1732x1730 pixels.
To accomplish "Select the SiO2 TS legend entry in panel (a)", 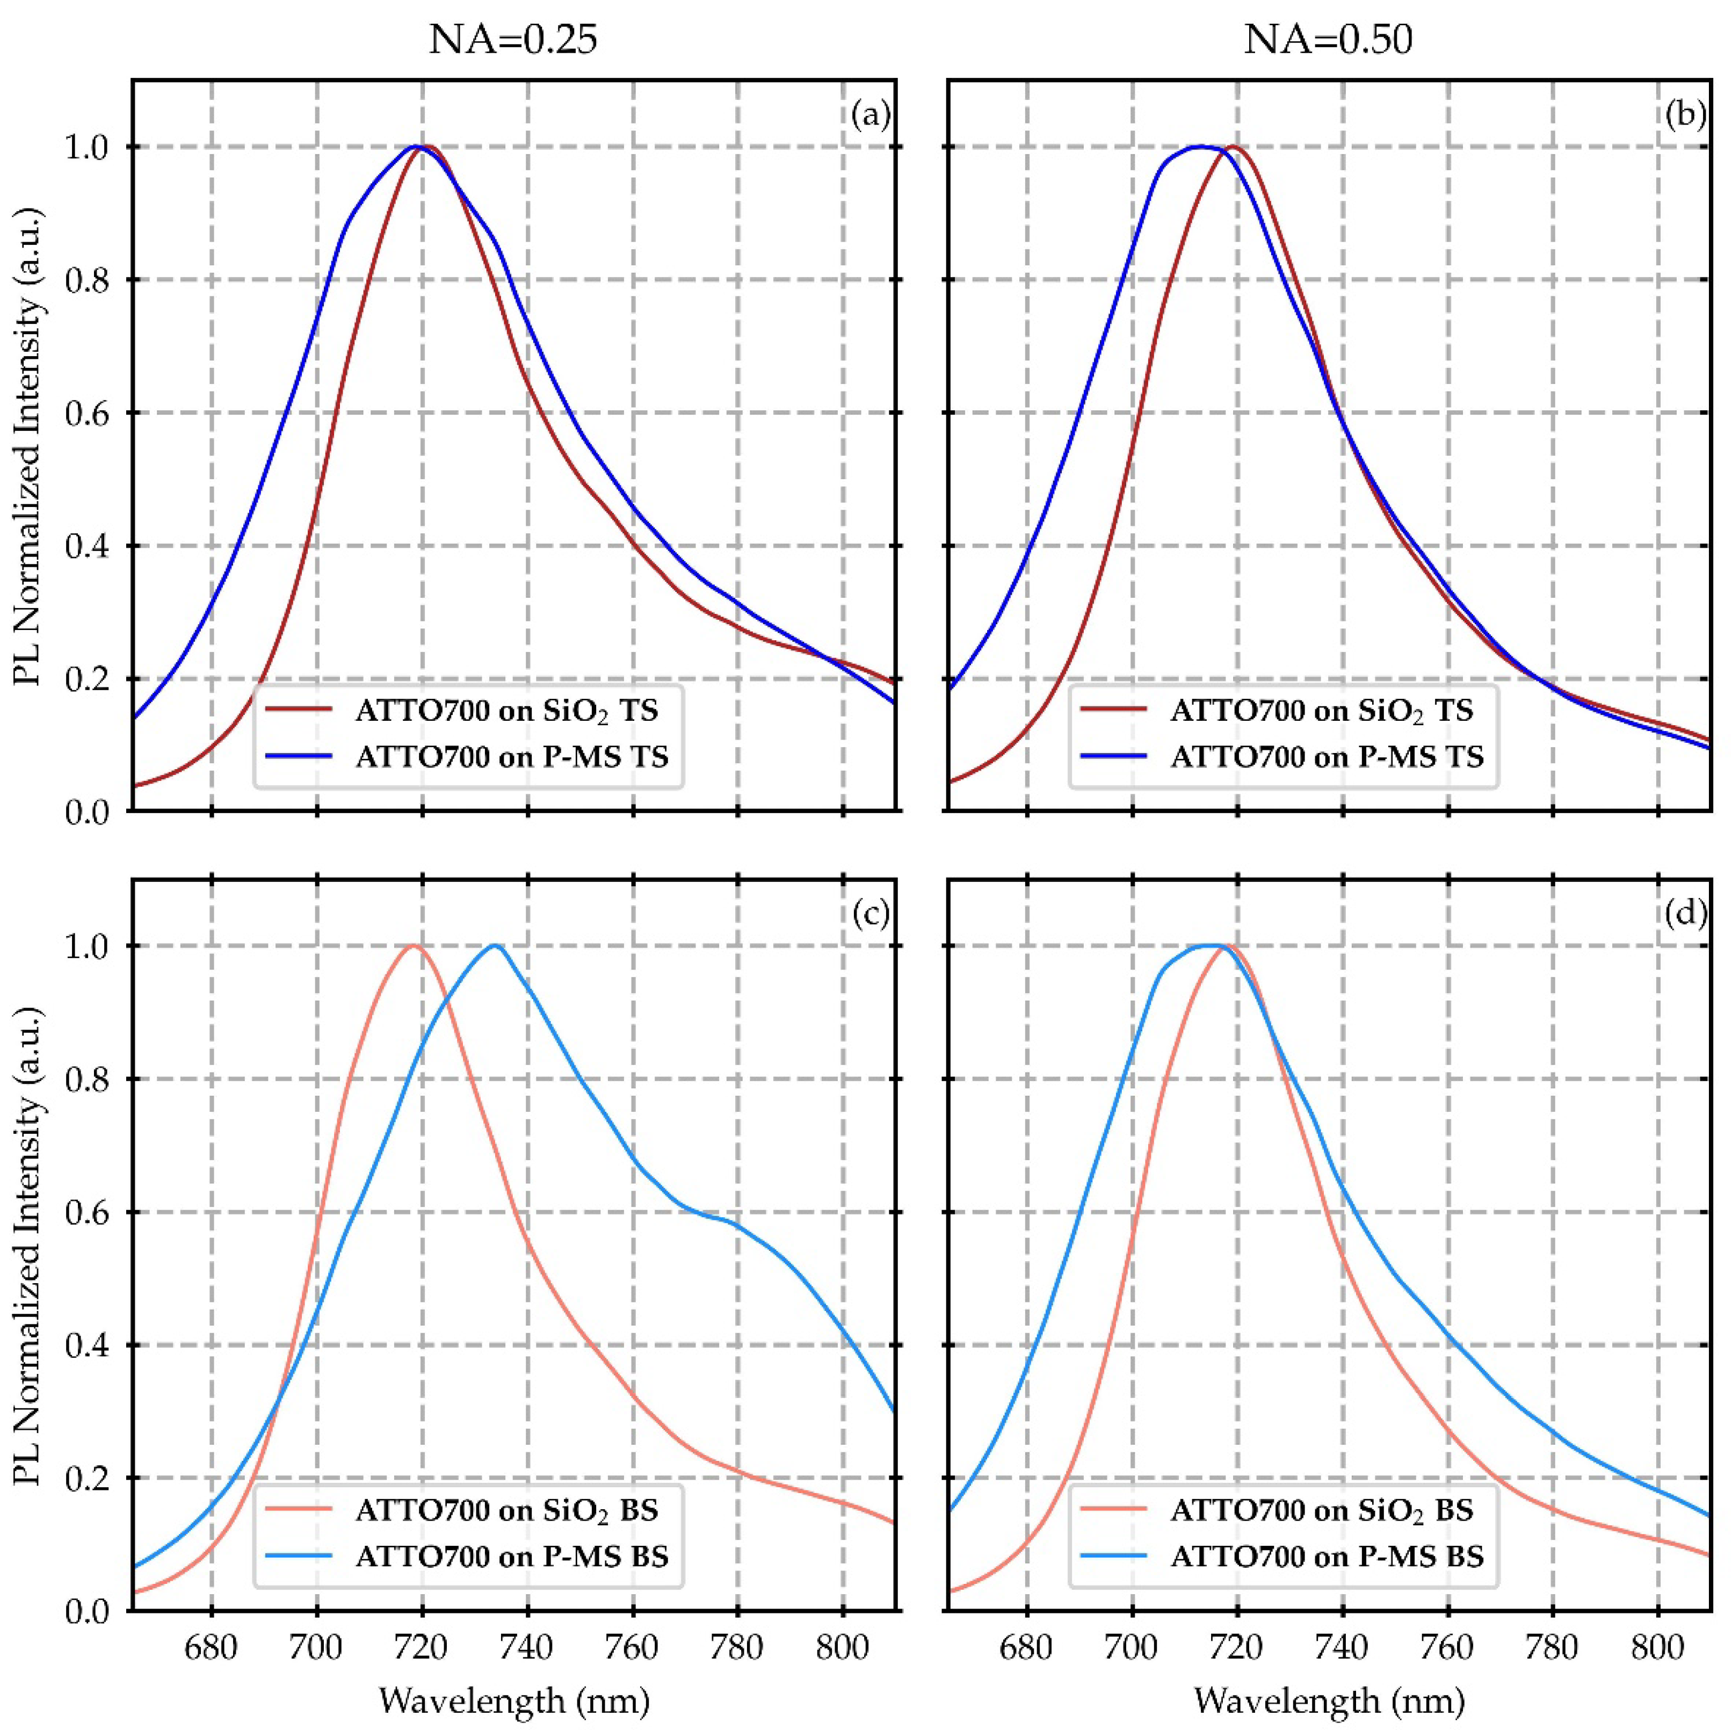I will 506,711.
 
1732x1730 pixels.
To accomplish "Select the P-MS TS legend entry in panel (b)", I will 1327,757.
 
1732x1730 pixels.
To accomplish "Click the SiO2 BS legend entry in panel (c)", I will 506,1510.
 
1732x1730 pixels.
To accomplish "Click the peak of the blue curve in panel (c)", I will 495,946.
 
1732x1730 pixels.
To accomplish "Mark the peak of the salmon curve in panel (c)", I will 414,946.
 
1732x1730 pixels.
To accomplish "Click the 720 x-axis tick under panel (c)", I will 422,1647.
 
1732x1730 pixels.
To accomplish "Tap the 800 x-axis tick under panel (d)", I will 1657,1647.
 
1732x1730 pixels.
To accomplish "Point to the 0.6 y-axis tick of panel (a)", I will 90,413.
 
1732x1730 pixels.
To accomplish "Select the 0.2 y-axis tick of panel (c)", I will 90,1478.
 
